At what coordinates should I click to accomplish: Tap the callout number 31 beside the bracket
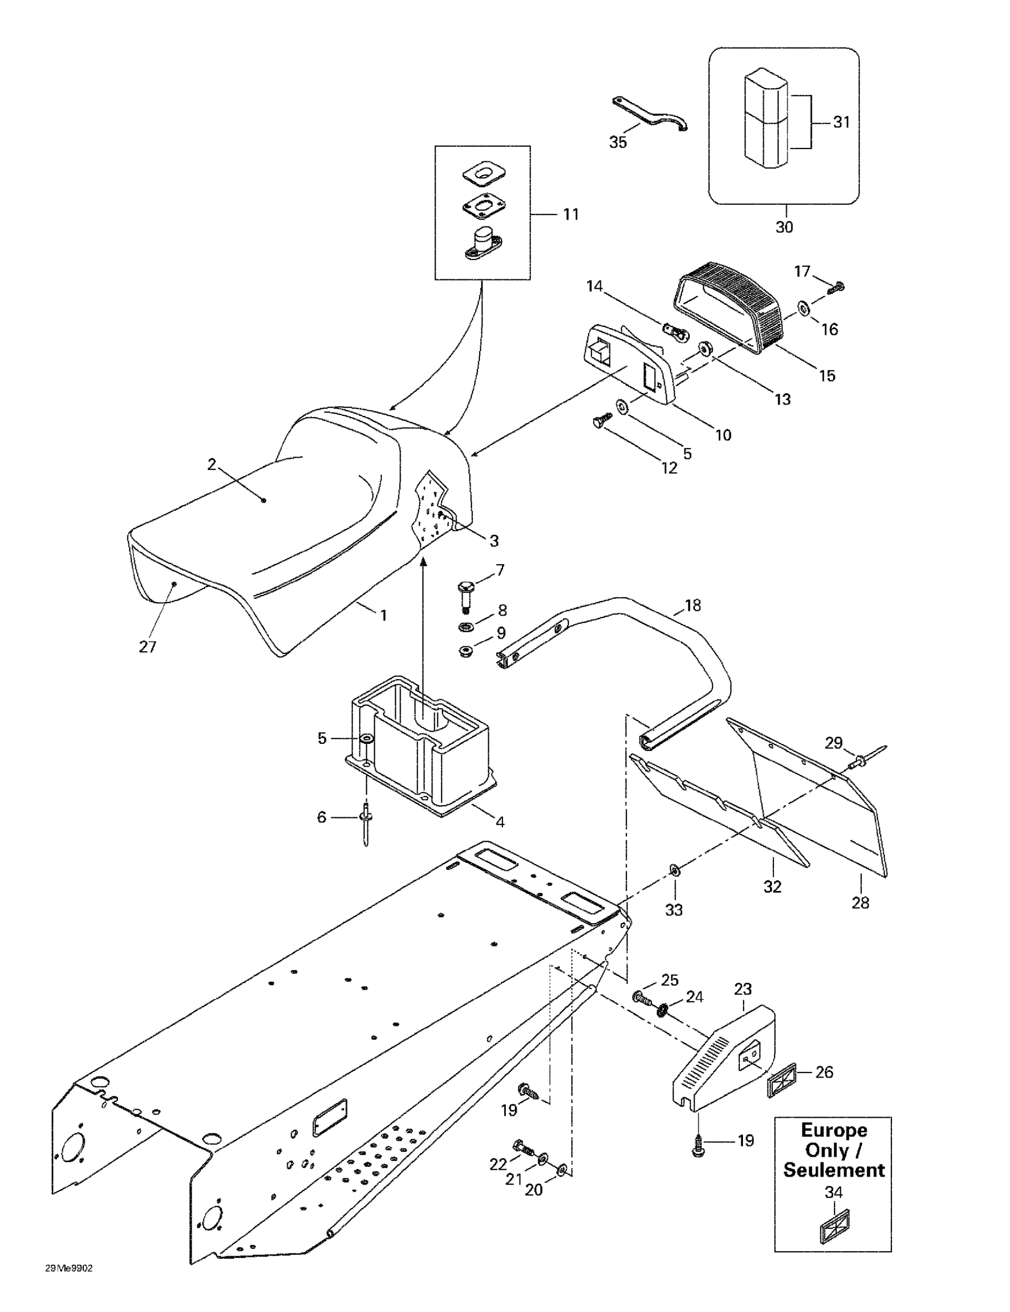pos(841,122)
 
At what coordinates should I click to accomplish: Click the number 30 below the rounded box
pos(784,227)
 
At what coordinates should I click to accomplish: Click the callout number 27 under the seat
pos(148,647)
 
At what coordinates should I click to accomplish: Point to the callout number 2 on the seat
pos(212,464)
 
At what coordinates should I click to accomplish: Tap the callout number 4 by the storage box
pos(500,822)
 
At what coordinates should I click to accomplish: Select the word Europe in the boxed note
pos(833,1130)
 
